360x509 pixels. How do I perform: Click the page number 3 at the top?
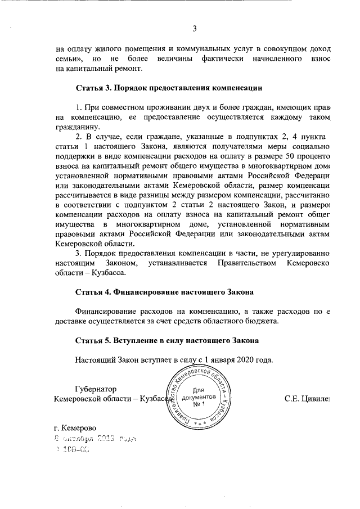[195, 29]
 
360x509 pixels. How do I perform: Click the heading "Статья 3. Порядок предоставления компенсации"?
[169, 88]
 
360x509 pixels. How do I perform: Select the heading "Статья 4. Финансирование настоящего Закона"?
[164, 292]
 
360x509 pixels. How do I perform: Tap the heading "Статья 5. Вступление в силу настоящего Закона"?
[167, 341]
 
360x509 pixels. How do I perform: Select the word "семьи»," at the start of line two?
[72, 59]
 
